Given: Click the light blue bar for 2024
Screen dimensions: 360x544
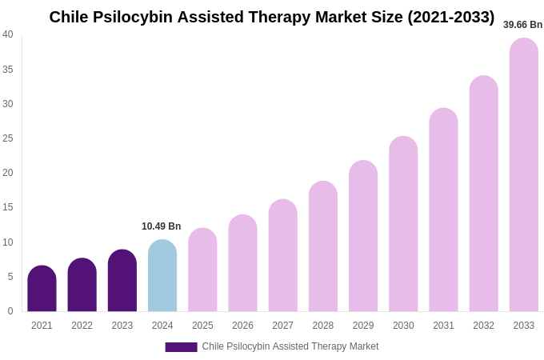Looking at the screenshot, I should tap(162, 276).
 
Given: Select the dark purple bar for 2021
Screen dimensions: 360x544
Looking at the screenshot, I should tap(42, 289).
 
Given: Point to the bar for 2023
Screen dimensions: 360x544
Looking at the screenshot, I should tap(122, 281).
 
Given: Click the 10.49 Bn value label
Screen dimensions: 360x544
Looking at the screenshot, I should tap(162, 226).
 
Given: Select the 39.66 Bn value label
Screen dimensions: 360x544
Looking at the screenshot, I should tap(522, 25).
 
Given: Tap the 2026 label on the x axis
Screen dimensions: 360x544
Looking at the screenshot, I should tap(242, 326).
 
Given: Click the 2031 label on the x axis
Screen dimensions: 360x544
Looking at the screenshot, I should tap(443, 326).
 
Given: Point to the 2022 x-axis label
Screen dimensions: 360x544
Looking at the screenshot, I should tap(82, 326).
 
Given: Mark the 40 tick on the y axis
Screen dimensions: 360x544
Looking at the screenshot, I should tap(8, 34).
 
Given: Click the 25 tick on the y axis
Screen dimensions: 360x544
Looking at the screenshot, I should tap(8, 138).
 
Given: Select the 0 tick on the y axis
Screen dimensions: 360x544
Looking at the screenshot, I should tap(10, 311).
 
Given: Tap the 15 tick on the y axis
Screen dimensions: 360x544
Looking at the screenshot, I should tap(8, 207).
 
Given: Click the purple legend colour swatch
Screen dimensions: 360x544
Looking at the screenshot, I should tap(181, 347).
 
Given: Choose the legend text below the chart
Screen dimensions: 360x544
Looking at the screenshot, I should tap(290, 346).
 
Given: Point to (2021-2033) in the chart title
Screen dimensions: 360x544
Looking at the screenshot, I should tap(451, 17).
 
